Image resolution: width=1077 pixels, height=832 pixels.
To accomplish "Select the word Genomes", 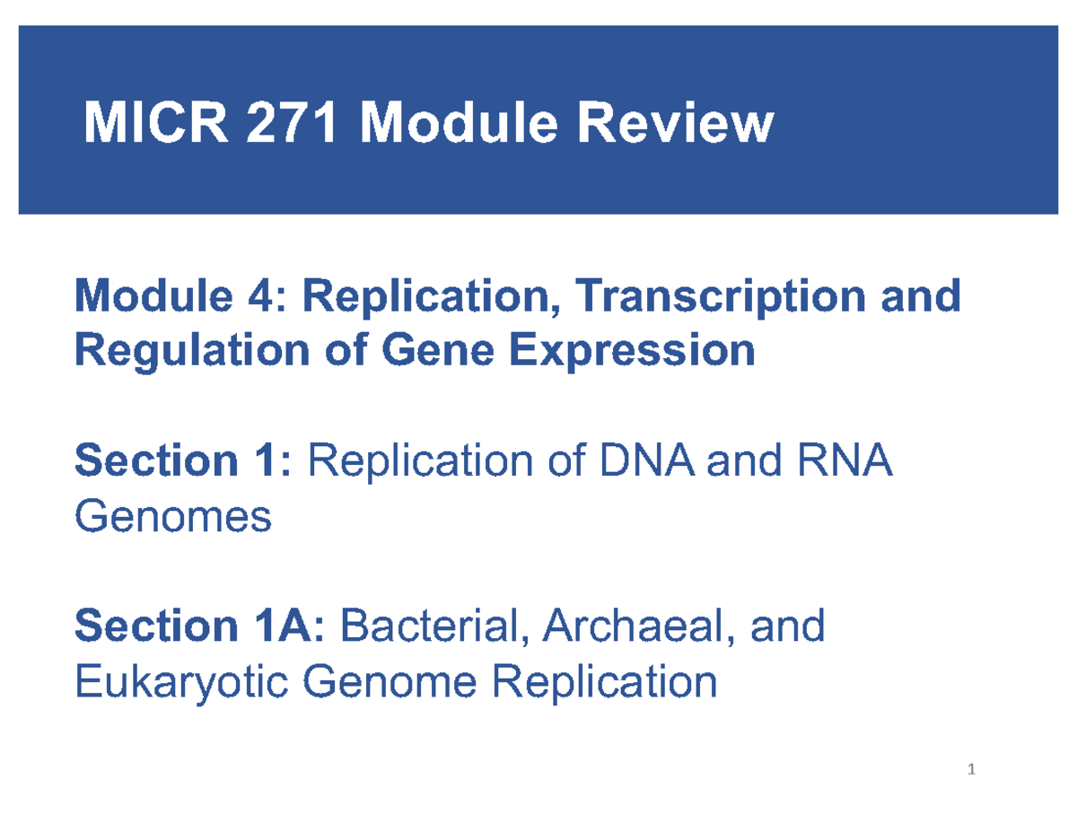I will pos(173,517).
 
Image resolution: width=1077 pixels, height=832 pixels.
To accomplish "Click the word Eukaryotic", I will pos(180,682).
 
